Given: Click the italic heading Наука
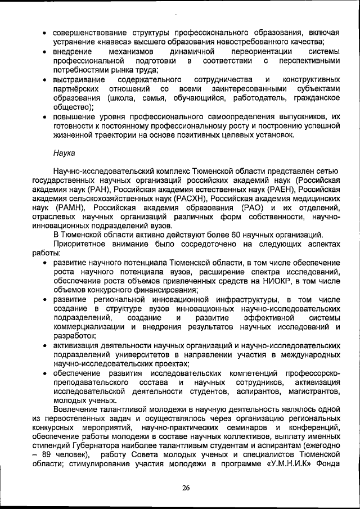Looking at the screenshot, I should click(65, 152).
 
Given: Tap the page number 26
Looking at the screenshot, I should click(185, 488).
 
